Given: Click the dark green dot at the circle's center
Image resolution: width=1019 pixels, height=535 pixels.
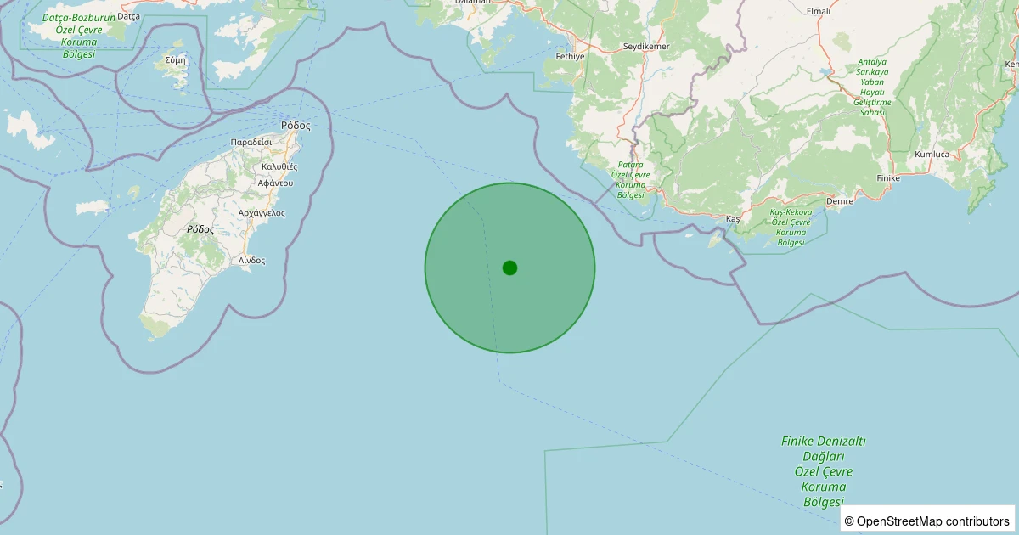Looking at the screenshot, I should tap(509, 267).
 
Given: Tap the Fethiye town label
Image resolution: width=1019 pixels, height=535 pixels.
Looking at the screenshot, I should tap(571, 56).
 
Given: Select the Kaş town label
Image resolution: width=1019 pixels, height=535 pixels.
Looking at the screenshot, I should tap(733, 219).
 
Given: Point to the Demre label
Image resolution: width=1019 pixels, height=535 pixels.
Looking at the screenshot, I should tap(839, 201).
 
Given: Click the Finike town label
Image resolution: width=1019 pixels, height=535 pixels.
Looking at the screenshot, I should tap(887, 178).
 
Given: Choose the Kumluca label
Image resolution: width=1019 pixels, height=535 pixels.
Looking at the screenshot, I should tap(932, 155).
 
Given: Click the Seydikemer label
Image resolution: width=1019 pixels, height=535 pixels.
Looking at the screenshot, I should tap(646, 45).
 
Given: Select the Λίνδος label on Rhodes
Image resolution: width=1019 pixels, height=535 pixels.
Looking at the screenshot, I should tap(251, 260).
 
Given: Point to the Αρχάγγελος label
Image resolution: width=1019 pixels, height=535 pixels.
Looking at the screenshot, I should tap(262, 212).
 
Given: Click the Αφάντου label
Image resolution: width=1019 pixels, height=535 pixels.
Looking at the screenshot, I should tap(275, 183).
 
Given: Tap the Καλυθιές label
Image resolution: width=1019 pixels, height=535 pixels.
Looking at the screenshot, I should tap(279, 166).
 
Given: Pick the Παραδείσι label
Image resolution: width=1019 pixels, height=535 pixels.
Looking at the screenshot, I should tap(251, 142).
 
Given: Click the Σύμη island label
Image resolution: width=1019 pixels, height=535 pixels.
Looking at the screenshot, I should tap(176, 59).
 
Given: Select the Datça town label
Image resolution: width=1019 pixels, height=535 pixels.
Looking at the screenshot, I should tap(128, 15).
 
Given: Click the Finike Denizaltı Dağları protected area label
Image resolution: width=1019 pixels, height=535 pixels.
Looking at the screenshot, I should tap(823, 471).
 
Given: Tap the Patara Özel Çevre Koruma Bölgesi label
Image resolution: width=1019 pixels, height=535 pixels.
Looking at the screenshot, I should tap(631, 179).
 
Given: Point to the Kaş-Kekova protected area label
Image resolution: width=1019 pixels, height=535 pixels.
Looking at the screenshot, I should tap(791, 227).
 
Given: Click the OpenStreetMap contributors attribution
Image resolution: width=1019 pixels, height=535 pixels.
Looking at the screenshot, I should tap(927, 521).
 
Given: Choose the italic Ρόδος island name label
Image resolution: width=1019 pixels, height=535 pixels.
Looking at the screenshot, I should tap(200, 229).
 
